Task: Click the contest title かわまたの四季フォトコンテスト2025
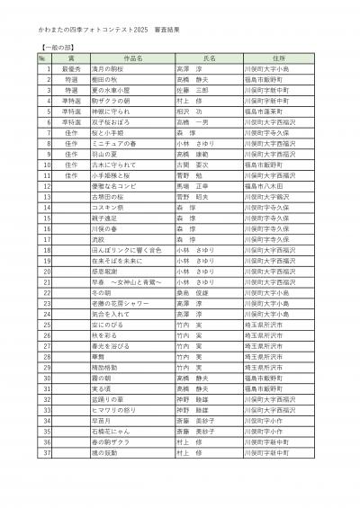click(x=94, y=30)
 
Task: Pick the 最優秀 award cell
click(x=72, y=67)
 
